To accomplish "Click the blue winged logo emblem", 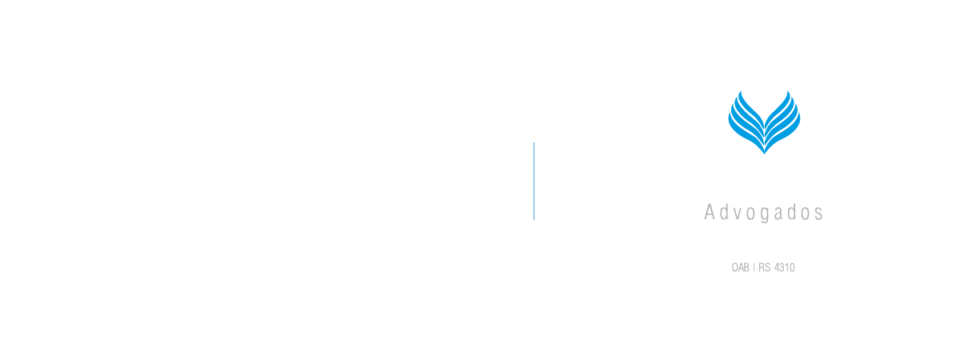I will click(x=764, y=122).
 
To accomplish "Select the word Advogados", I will click(x=763, y=213).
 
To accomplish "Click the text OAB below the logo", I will click(x=740, y=267).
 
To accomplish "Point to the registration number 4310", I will click(x=785, y=267).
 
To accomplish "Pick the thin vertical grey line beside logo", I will click(x=534, y=181).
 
